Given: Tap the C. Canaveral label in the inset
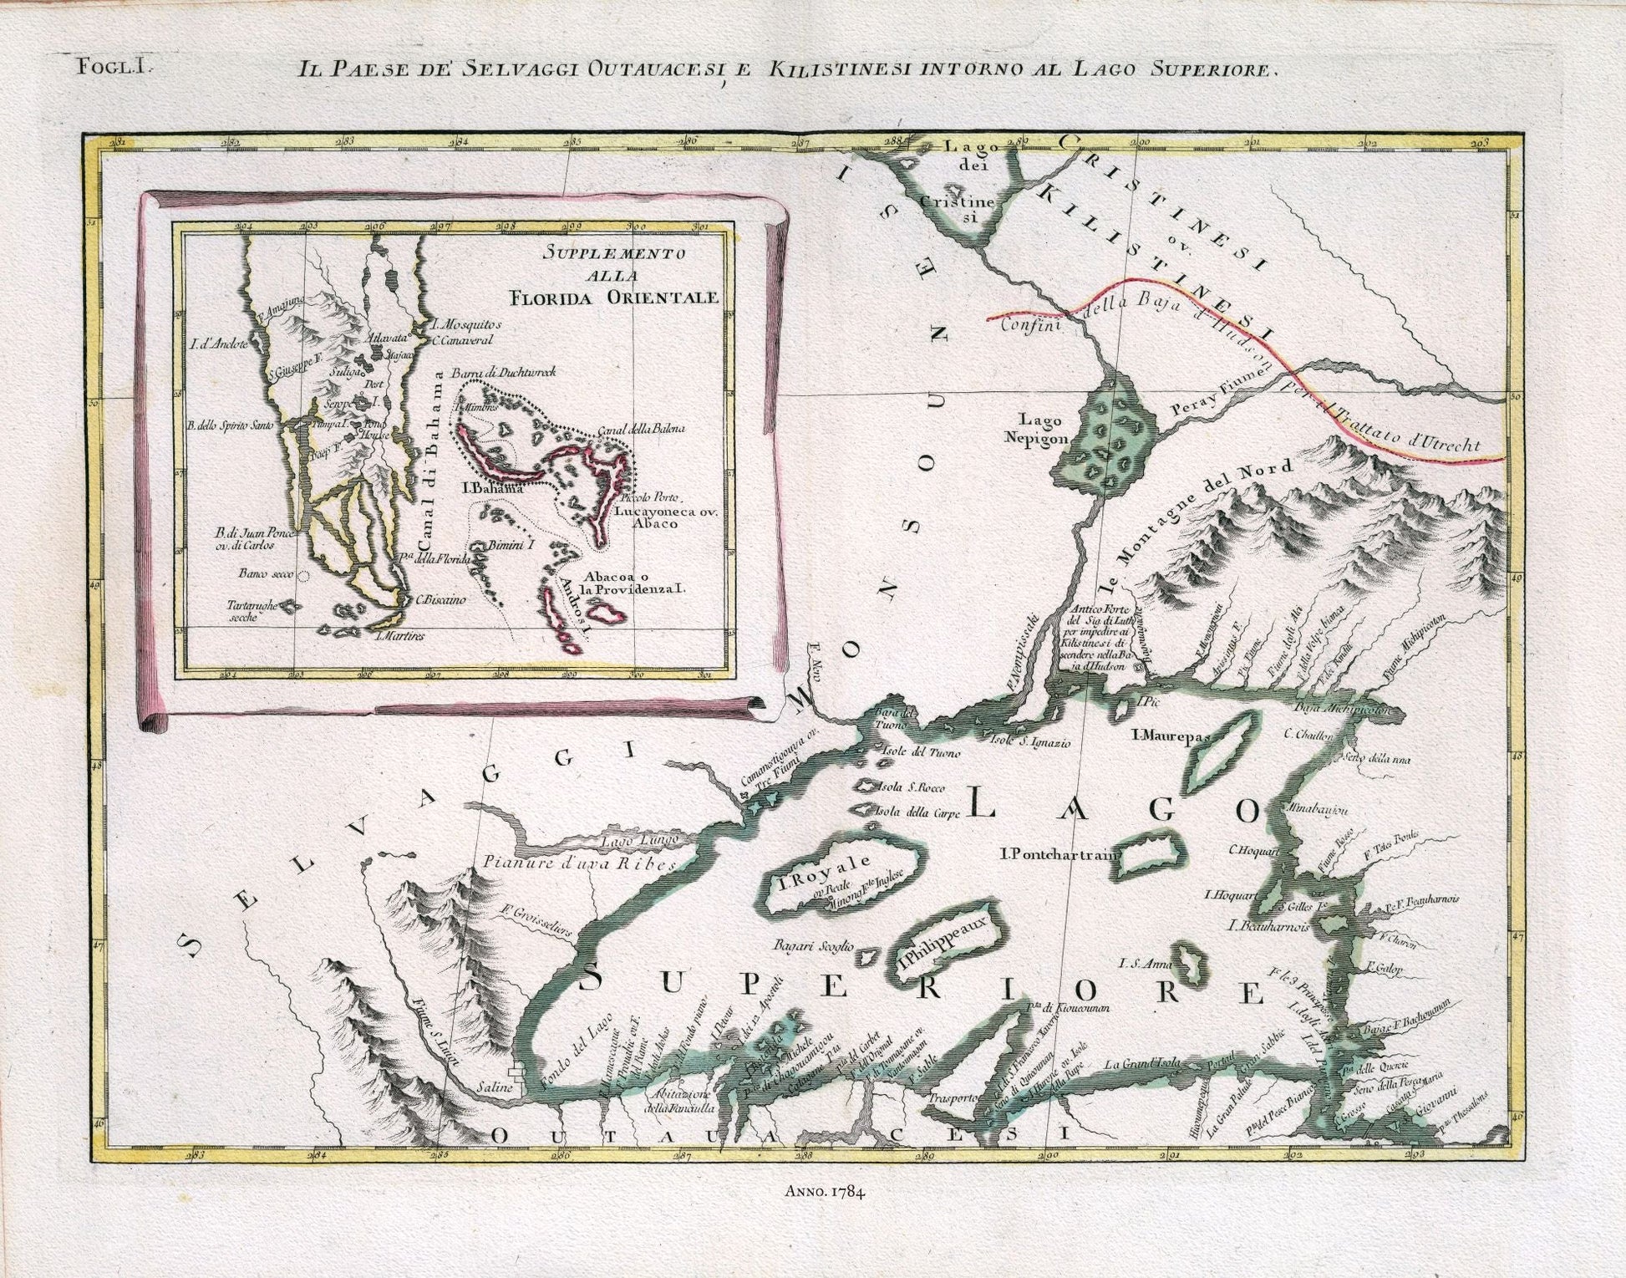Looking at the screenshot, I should [x=463, y=340].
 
